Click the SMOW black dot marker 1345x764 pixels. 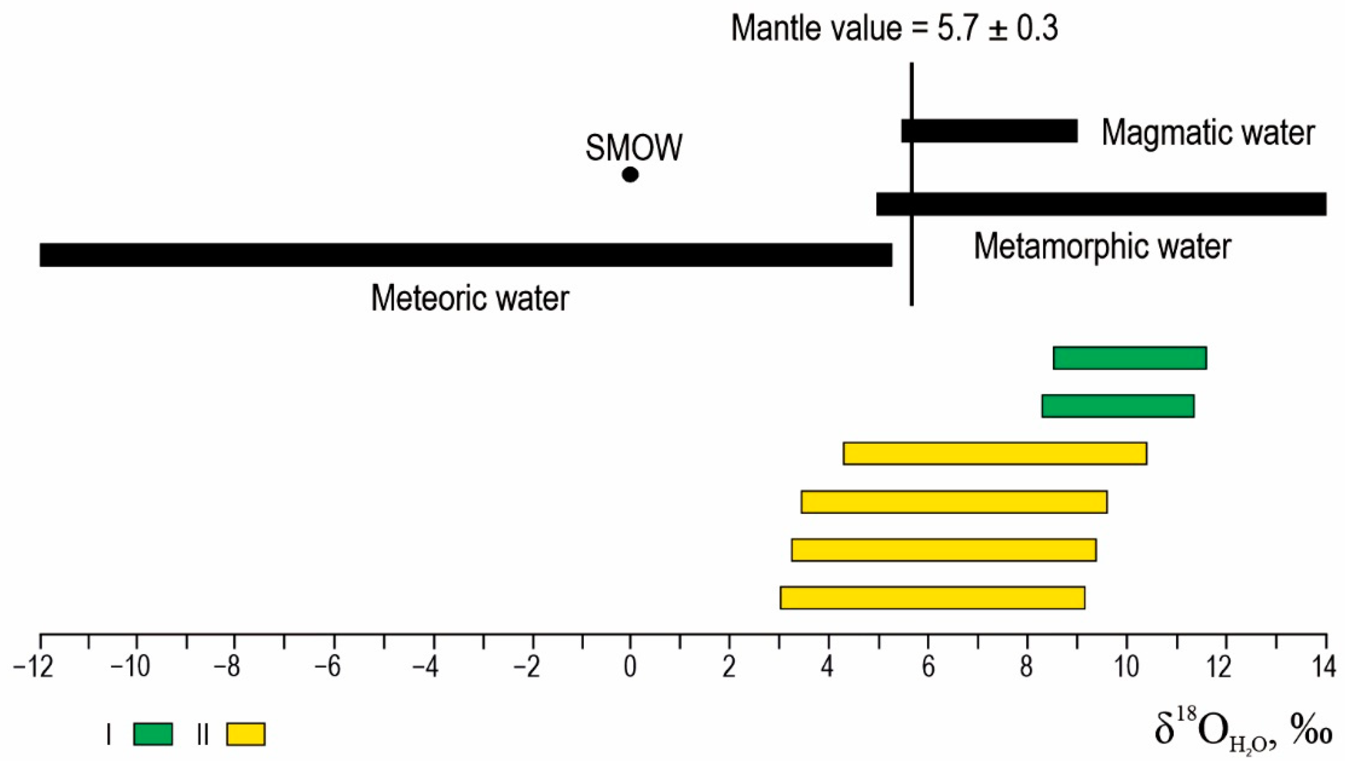click(x=630, y=174)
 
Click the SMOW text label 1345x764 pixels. click(x=633, y=148)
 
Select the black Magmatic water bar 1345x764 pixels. click(x=989, y=131)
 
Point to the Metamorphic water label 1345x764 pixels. click(x=1102, y=246)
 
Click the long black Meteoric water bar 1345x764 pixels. click(x=465, y=255)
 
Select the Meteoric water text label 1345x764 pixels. click(x=470, y=298)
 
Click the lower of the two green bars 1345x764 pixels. click(x=1118, y=406)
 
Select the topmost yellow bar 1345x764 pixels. click(x=995, y=454)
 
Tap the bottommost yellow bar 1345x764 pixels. click(x=932, y=598)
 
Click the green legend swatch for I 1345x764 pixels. click(x=153, y=734)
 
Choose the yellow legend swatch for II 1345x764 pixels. click(x=246, y=734)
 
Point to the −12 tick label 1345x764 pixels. click(x=33, y=668)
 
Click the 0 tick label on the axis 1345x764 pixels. click(x=630, y=668)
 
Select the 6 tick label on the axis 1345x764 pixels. click(x=928, y=668)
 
